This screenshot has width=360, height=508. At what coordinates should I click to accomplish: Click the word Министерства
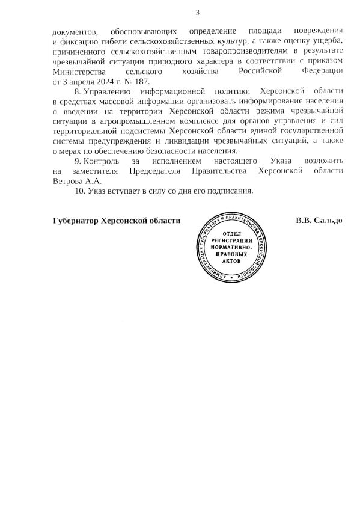click(78, 71)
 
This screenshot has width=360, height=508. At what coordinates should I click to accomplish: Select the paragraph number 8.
click(77, 91)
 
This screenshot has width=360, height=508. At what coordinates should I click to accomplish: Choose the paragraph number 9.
click(77, 161)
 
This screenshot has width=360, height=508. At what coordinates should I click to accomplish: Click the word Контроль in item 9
click(102, 161)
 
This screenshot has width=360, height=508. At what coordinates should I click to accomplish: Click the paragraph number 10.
click(79, 191)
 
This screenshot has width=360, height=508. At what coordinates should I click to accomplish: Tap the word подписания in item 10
click(231, 191)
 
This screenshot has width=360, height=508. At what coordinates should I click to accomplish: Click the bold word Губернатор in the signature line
click(75, 221)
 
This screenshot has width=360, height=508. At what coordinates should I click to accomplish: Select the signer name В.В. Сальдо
click(319, 221)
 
